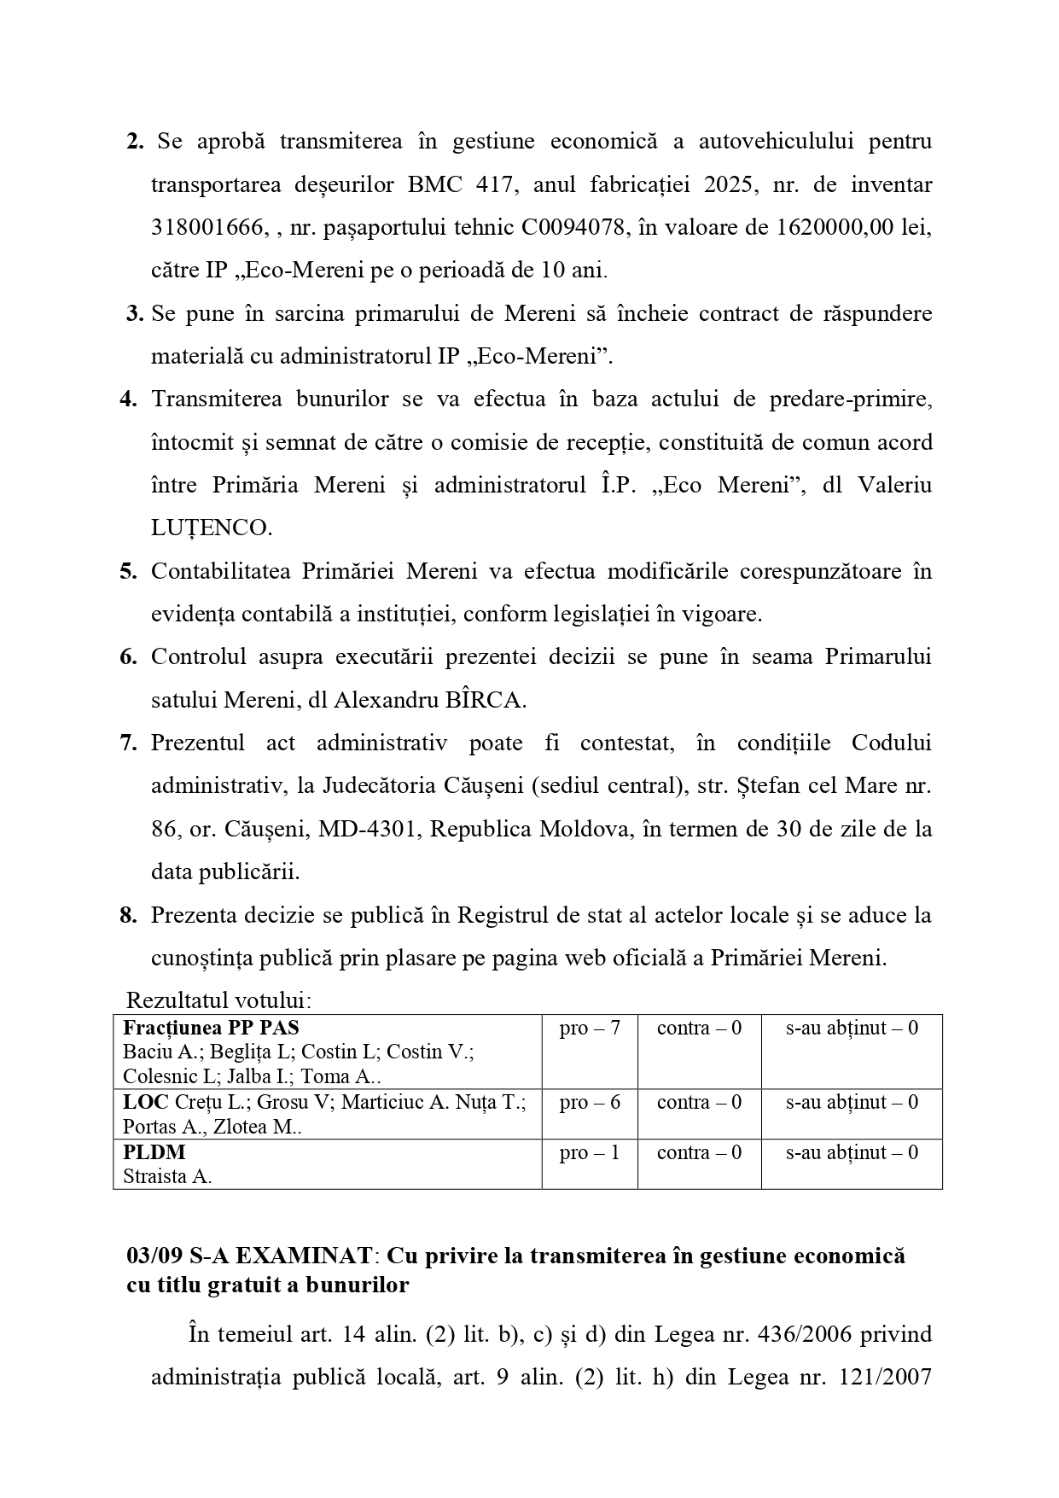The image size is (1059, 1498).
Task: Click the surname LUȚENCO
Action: coord(211,528)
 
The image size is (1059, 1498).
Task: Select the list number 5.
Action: coord(128,571)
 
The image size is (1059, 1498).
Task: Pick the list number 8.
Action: coord(128,916)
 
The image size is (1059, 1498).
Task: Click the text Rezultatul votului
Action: coord(218,1000)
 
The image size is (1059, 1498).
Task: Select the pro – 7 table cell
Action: coord(589,1029)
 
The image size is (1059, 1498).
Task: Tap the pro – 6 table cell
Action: coord(589,1103)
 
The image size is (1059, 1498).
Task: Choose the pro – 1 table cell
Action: coord(589,1153)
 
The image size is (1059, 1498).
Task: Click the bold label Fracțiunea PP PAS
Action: coord(211,1028)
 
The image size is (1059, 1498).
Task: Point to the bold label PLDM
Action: coord(154,1152)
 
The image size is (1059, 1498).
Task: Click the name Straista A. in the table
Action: coord(167,1177)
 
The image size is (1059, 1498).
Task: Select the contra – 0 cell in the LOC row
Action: coord(699,1103)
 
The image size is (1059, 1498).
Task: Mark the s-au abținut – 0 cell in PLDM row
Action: coord(852,1153)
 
